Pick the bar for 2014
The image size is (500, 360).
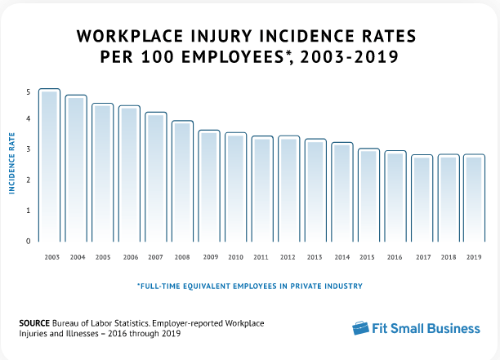click(x=342, y=191)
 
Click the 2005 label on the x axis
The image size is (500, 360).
click(x=103, y=257)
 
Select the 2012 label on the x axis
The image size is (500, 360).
click(x=289, y=257)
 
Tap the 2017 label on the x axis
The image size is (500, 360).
click(x=422, y=257)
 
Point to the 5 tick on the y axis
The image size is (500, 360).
click(x=28, y=91)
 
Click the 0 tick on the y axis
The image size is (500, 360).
click(x=28, y=241)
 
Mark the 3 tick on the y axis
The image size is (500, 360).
click(x=28, y=150)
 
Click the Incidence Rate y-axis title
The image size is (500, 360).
click(x=13, y=166)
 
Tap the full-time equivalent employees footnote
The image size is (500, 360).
click(x=250, y=287)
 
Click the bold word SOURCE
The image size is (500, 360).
click(x=34, y=323)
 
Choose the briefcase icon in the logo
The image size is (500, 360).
click(x=362, y=328)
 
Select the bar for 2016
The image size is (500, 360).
click(x=395, y=195)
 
